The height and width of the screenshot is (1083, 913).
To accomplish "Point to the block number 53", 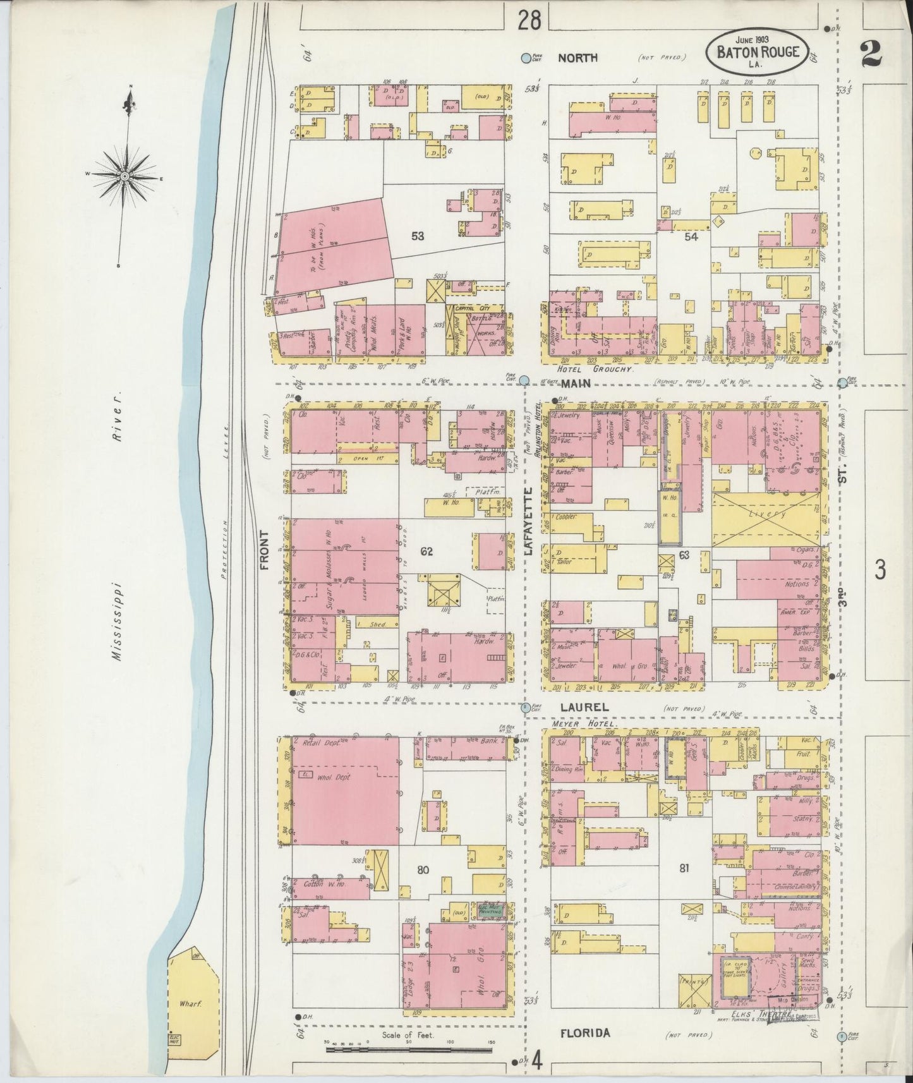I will coord(417,236).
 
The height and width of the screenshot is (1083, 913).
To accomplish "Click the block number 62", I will coord(427,552).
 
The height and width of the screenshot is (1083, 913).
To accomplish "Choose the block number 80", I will coord(423,870).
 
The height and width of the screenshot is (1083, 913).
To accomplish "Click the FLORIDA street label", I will coord(584,1033).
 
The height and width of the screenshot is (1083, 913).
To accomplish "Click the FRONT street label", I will coord(263,549).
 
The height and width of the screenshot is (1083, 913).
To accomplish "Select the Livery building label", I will coord(768,514).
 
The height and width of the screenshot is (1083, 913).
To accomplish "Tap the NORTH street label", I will coord(577,57).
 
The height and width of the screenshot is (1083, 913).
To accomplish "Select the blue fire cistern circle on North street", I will coord(526,58).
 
